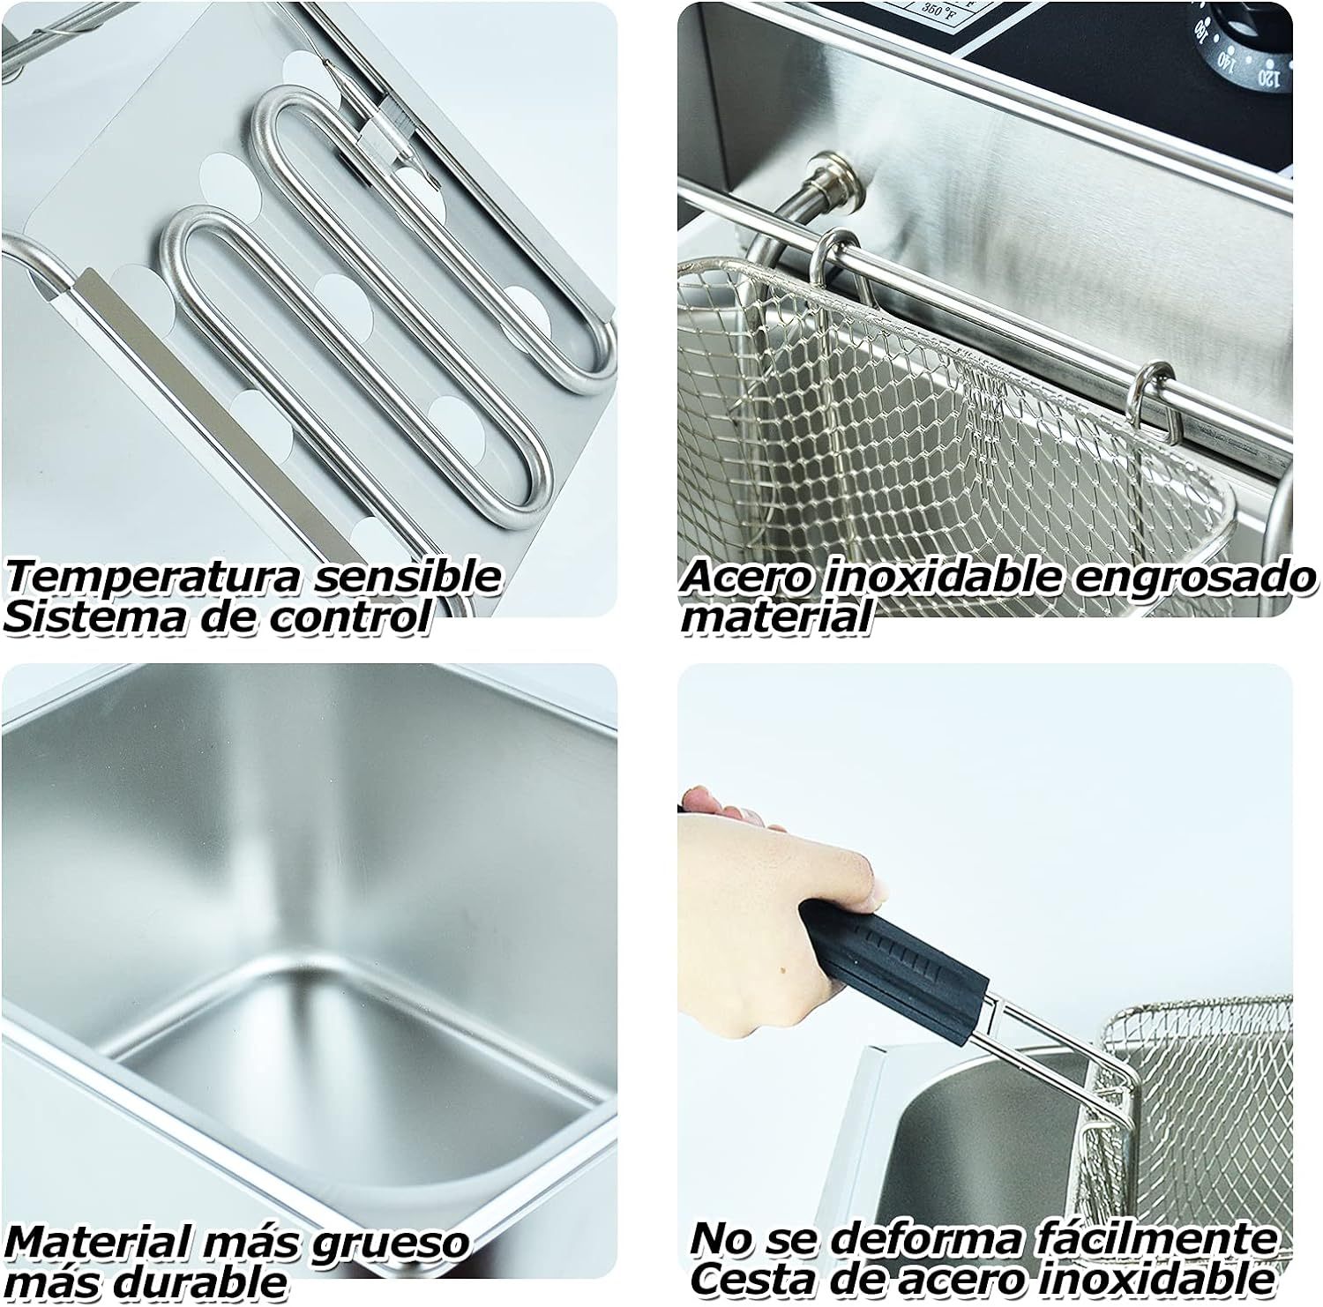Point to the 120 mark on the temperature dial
point(1267,78)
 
